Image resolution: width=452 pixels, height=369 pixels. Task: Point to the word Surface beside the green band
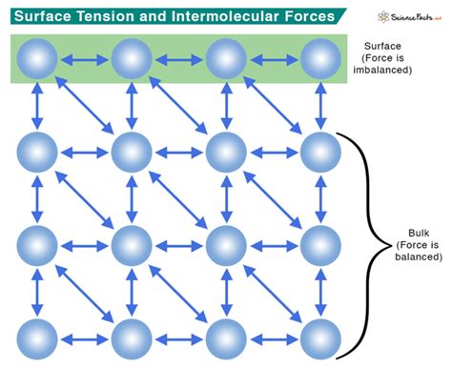coord(394,45)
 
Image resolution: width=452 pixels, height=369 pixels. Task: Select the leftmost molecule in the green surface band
coord(37,59)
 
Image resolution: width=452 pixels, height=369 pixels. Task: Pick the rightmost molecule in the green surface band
coord(320,59)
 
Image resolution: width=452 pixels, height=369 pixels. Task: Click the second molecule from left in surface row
coord(132,59)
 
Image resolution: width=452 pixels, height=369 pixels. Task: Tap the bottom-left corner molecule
coord(37,338)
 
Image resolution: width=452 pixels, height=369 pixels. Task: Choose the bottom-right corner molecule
coord(320,338)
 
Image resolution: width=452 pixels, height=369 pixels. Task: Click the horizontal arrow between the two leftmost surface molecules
coord(84,59)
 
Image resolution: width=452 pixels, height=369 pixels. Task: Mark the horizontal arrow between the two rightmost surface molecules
coord(274,59)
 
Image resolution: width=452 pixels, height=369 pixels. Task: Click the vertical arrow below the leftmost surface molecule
coord(37,105)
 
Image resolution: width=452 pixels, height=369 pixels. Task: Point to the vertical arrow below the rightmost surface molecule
coord(320,105)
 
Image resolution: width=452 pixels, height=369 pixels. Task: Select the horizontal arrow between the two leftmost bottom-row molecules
coord(84,338)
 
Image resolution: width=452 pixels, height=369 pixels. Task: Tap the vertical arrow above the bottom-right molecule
coord(320,292)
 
